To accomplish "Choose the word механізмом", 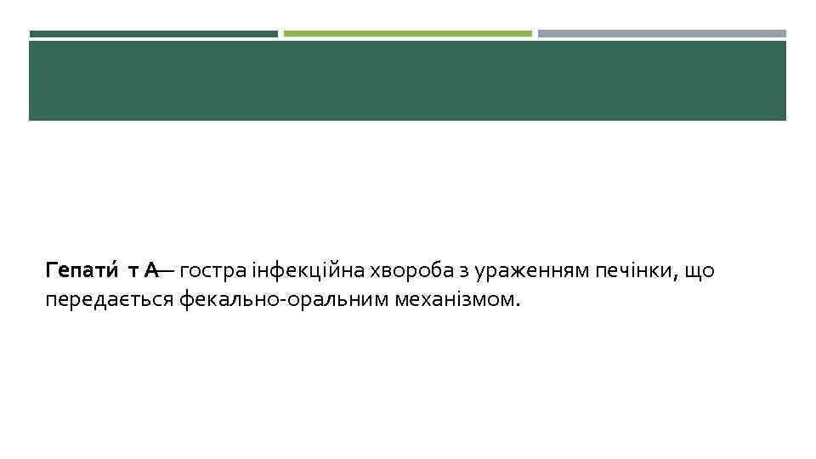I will point(452,300).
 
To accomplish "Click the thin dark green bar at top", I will point(153,34).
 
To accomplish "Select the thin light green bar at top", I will point(407,34).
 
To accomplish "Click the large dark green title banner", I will point(407,81).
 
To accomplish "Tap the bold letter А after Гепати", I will point(150,271).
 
